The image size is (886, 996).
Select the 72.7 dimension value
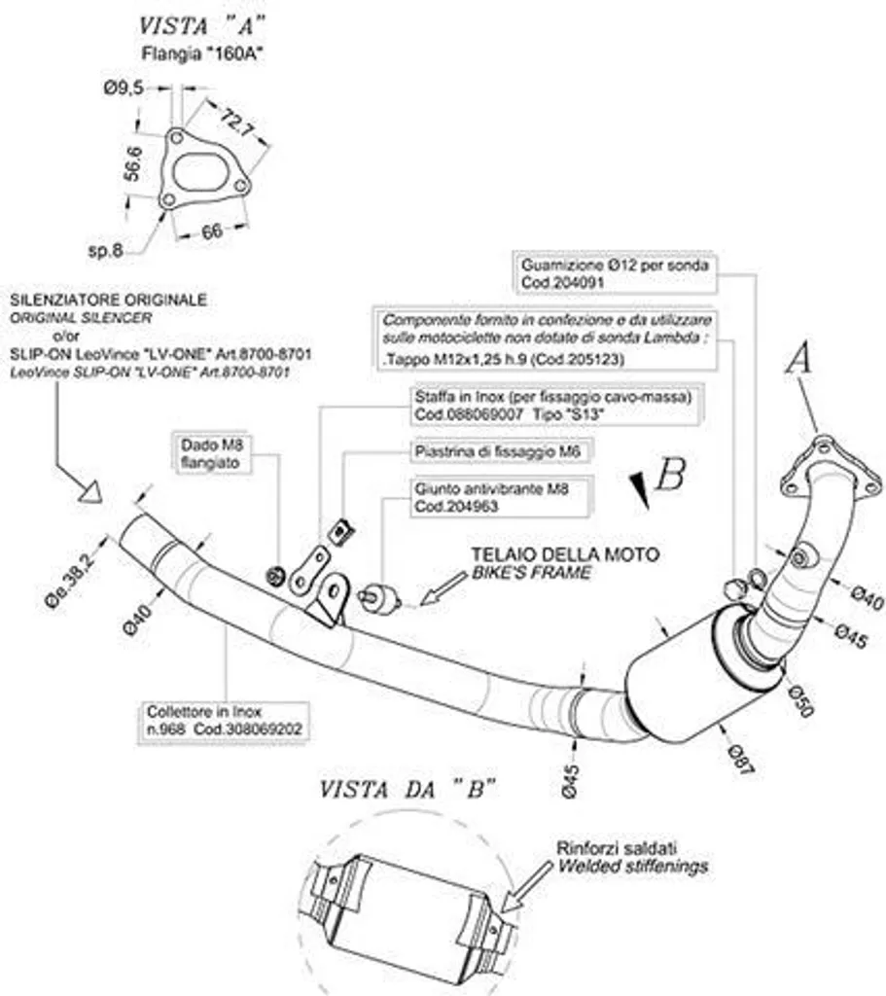tap(237, 123)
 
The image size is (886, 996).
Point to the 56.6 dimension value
tap(133, 163)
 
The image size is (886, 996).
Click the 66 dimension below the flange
tap(211, 231)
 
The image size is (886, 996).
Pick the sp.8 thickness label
tap(105, 251)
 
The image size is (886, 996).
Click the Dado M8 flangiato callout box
tap(211, 453)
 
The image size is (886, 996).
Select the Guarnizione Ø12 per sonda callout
tap(614, 273)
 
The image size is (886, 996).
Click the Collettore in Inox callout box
tap(225, 721)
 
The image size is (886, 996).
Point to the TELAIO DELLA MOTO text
tap(565, 554)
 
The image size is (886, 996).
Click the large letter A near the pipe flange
tap(798, 358)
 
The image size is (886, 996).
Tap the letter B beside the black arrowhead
tap(670, 474)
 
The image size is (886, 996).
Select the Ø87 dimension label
tap(740, 759)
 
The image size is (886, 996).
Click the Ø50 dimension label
tap(800, 700)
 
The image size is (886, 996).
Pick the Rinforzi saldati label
tap(617, 848)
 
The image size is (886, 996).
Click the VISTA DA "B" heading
tap(408, 790)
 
